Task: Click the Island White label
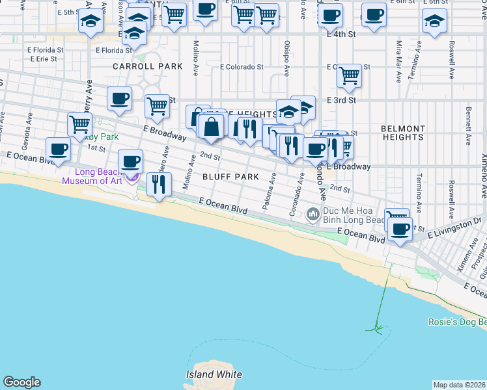point(214,374)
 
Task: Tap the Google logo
point(21,382)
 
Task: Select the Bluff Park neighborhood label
point(230,177)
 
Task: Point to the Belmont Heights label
point(402,133)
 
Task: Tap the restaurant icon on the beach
point(159,185)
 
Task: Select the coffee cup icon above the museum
point(130,160)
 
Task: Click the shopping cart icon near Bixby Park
point(79,124)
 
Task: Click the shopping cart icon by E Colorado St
point(350,76)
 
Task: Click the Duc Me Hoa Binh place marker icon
point(313,213)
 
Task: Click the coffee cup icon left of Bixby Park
point(58,149)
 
